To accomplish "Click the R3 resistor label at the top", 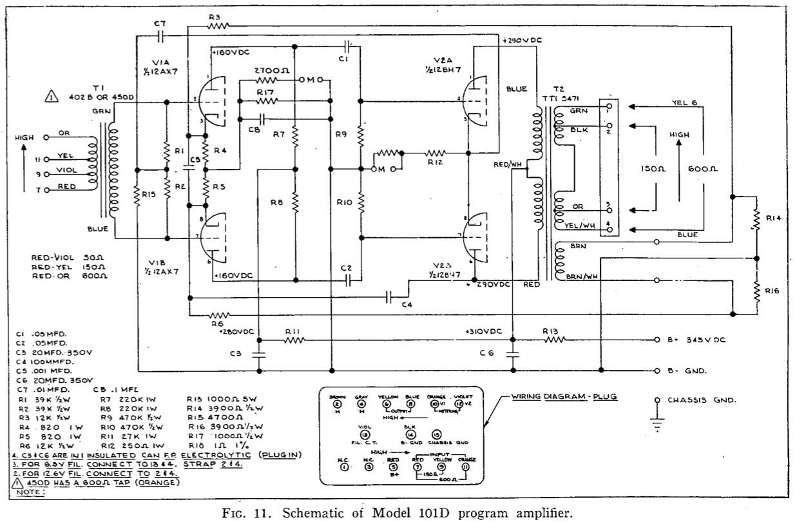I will coord(215,17).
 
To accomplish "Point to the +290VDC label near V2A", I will coord(521,40).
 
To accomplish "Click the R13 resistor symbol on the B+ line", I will coord(553,340).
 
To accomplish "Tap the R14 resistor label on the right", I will coord(774,218).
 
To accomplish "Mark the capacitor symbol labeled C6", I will coord(513,353).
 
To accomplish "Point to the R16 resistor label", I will coord(774,291).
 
